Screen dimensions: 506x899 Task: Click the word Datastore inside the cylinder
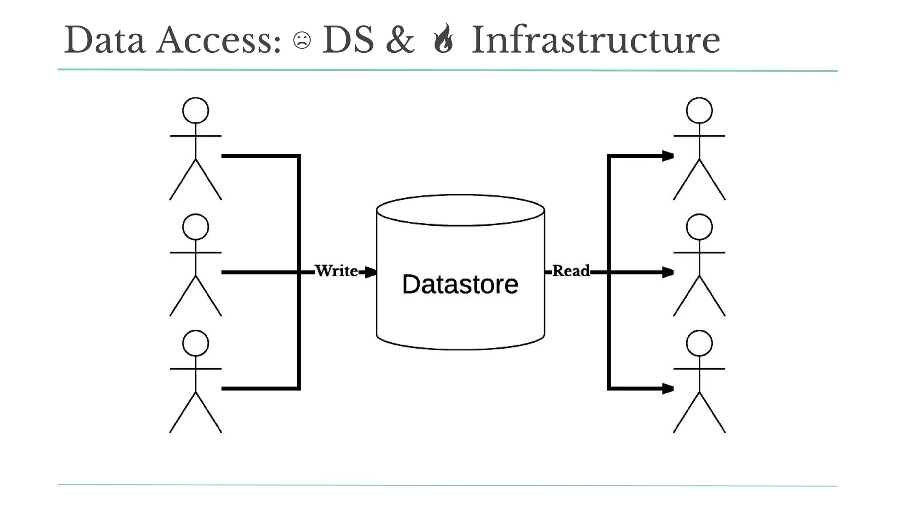(460, 284)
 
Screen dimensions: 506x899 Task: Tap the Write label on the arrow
(336, 271)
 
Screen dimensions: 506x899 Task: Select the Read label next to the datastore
(571, 271)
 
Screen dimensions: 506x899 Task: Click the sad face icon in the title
(302, 40)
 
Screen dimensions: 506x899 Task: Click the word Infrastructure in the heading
(596, 40)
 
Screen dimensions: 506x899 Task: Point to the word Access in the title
(218, 40)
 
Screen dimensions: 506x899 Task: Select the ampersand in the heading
(400, 40)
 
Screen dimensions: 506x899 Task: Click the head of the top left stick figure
(195, 110)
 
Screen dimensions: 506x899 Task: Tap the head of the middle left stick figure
(195, 227)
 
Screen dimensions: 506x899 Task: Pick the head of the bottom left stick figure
(195, 343)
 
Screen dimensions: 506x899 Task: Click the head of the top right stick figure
(699, 110)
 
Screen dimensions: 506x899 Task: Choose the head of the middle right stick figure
(699, 227)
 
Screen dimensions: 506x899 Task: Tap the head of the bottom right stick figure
(699, 343)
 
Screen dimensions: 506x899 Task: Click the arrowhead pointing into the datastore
(371, 272)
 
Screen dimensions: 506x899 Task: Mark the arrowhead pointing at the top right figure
(668, 156)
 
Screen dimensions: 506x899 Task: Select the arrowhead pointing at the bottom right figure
(668, 389)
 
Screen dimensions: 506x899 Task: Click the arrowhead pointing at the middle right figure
(668, 272)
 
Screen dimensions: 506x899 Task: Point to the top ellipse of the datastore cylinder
(460, 210)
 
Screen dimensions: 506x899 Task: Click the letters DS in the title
(348, 40)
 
